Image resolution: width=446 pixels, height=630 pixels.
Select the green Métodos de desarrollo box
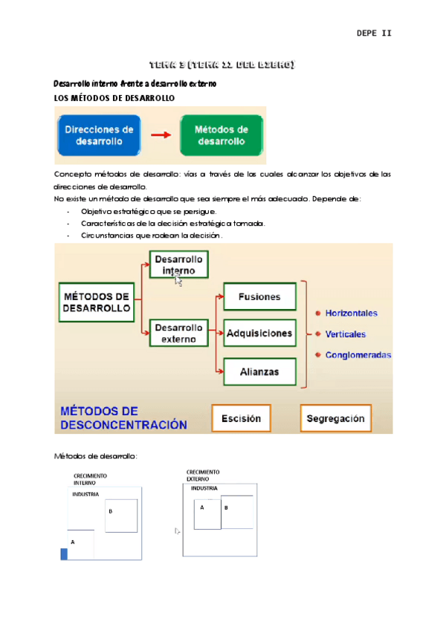pos(221,134)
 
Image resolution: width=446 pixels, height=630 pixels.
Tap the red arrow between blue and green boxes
pos(161,135)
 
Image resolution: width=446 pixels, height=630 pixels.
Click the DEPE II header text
pos(374,33)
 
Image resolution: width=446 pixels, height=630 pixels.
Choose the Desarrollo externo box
pos(178,333)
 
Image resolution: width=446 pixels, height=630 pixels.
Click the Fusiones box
pos(259,297)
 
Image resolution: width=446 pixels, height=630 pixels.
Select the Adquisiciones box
pos(259,333)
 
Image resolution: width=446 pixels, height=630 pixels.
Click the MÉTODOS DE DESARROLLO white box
pos(97,302)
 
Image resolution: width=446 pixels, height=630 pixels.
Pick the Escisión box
pos(241,419)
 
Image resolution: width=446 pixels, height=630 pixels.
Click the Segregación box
pos(335,419)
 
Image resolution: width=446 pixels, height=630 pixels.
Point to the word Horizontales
pos(351,314)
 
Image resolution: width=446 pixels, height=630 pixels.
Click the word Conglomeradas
pos(358,355)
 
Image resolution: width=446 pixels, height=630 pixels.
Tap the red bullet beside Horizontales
pos(318,314)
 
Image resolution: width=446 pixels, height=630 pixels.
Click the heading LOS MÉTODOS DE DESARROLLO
pos(114,98)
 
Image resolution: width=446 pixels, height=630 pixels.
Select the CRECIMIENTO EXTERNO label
pos(202,475)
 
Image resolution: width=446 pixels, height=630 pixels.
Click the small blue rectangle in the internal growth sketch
pos(64,553)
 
